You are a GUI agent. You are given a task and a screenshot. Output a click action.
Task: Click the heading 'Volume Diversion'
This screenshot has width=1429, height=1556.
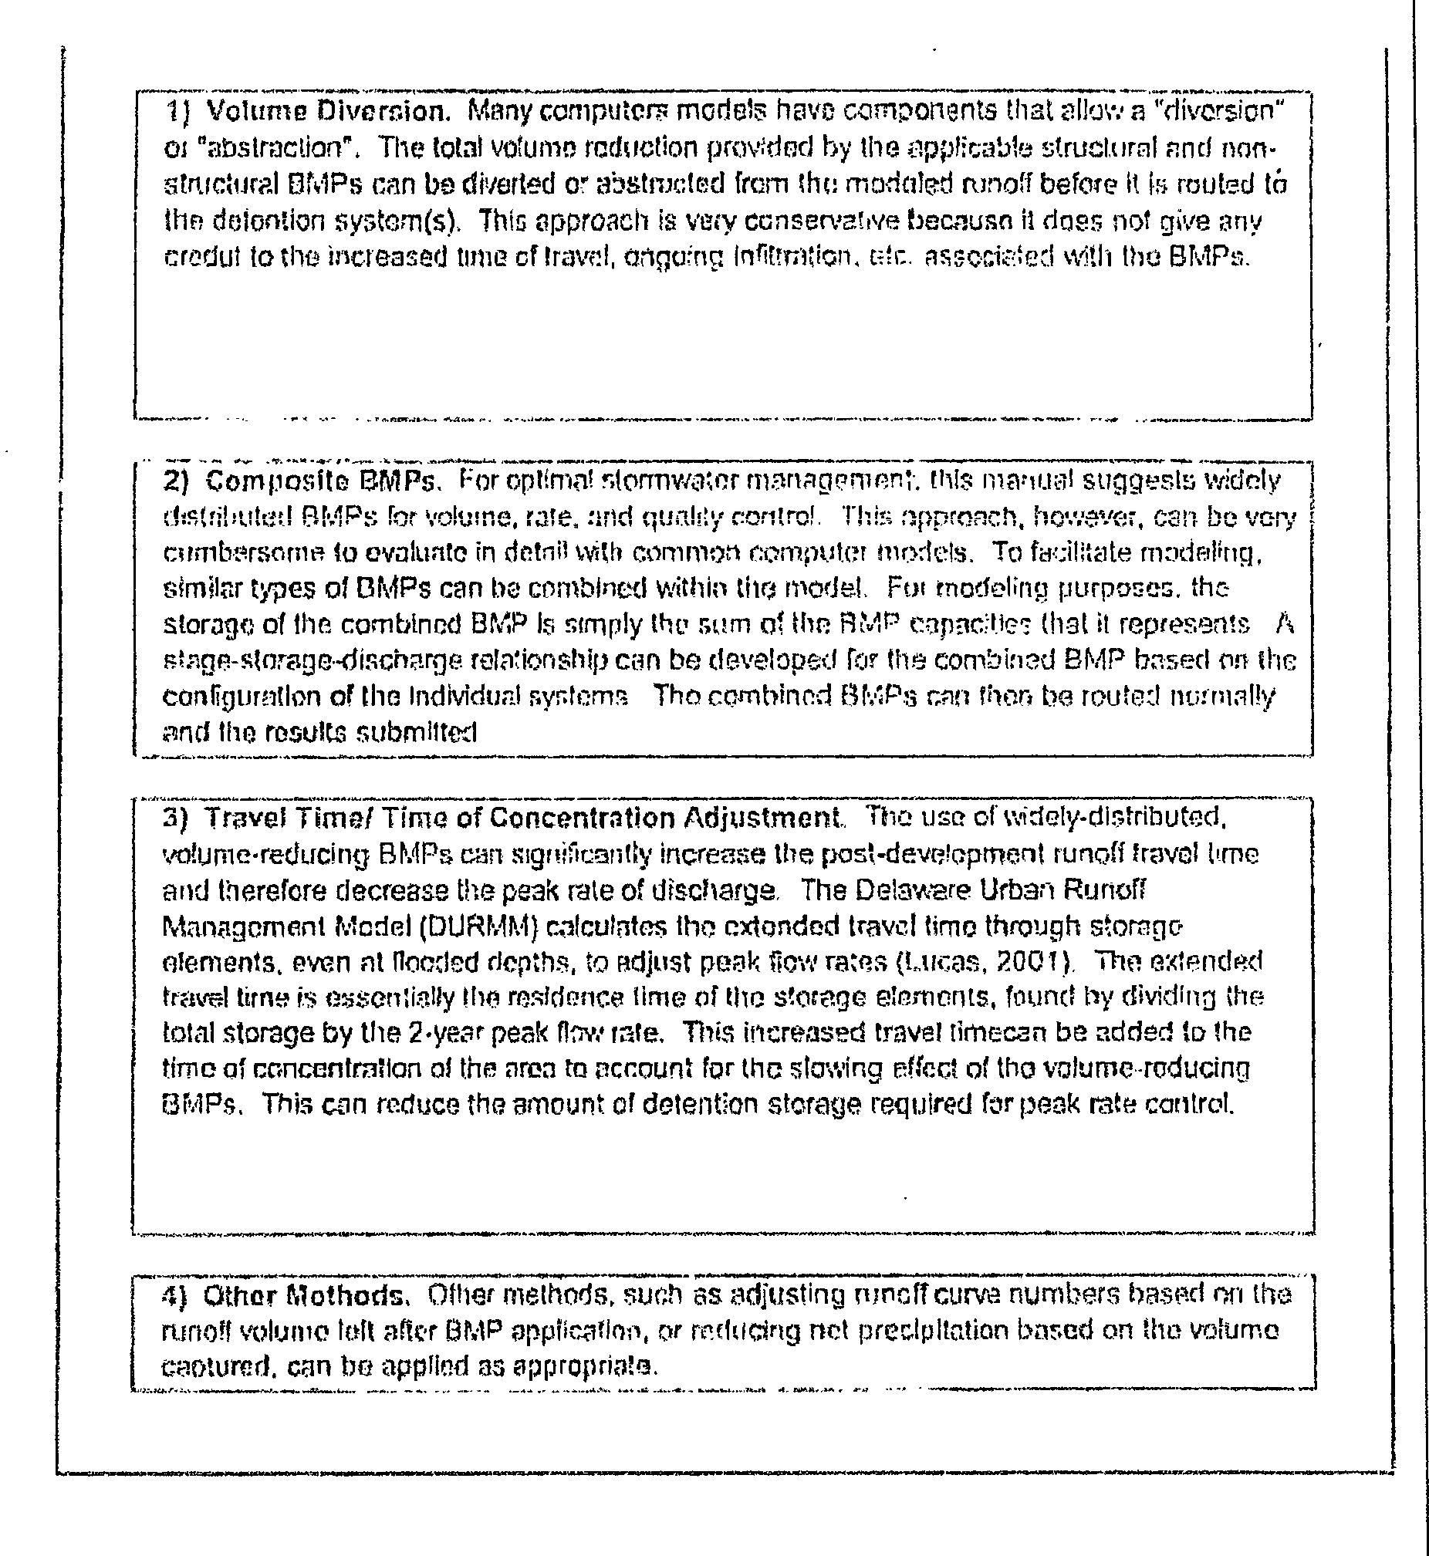(329, 112)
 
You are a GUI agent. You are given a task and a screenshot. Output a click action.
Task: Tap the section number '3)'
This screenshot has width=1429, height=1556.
(176, 818)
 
